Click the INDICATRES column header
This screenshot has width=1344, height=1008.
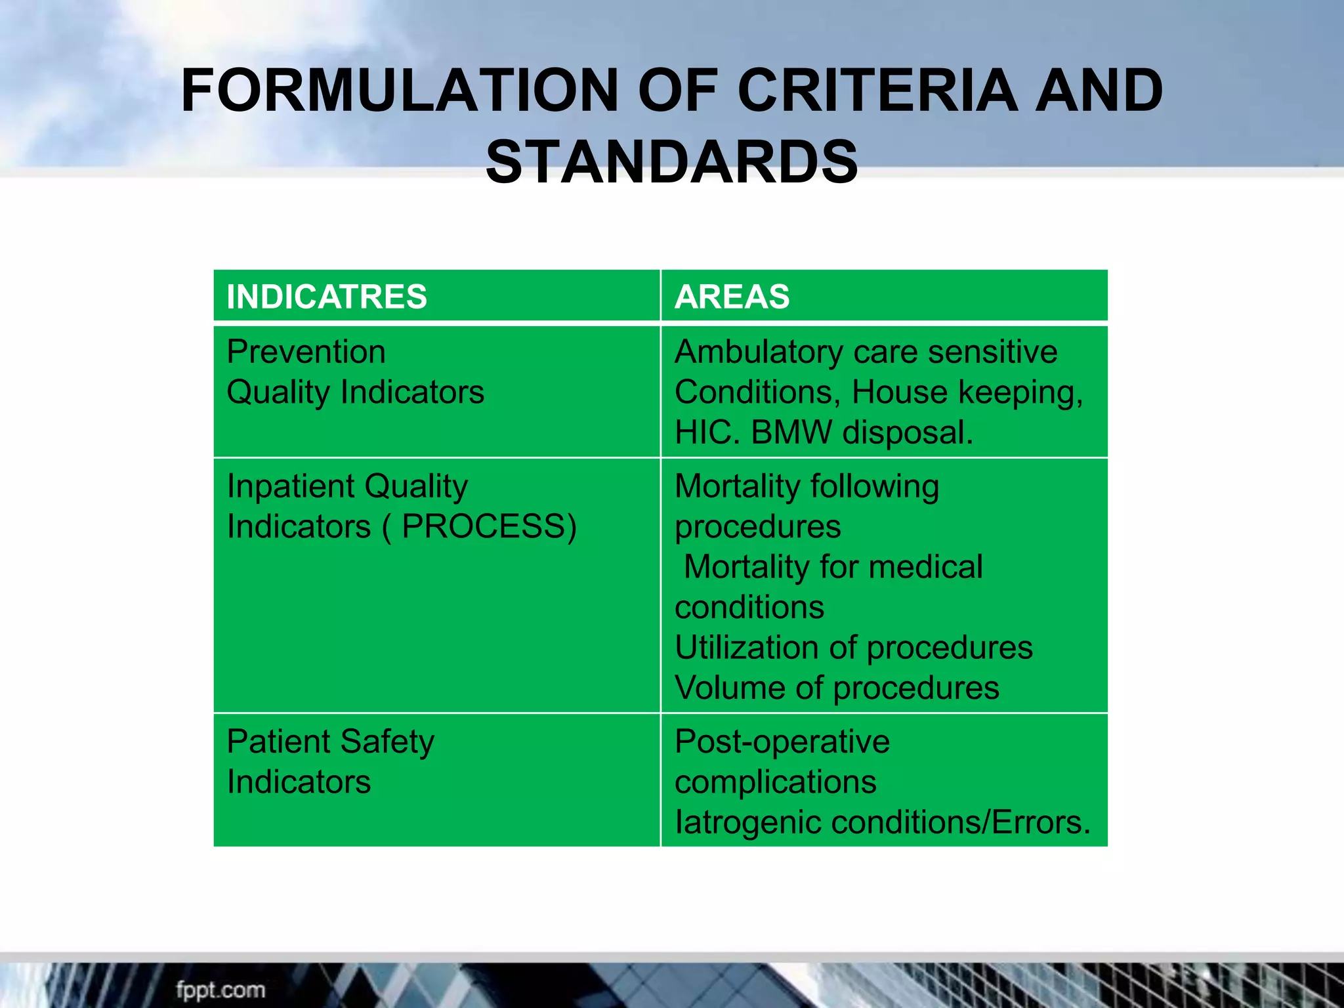[326, 297]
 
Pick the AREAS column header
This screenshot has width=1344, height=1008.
[732, 297]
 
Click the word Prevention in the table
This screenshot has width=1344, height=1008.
[306, 352]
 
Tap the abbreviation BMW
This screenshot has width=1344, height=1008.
[791, 432]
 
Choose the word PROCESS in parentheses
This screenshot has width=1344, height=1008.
[484, 527]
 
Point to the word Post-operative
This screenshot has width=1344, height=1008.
[782, 742]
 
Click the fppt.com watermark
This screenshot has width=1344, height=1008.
[220, 990]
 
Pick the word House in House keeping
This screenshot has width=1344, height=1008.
[899, 392]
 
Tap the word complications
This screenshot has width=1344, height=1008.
[775, 782]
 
